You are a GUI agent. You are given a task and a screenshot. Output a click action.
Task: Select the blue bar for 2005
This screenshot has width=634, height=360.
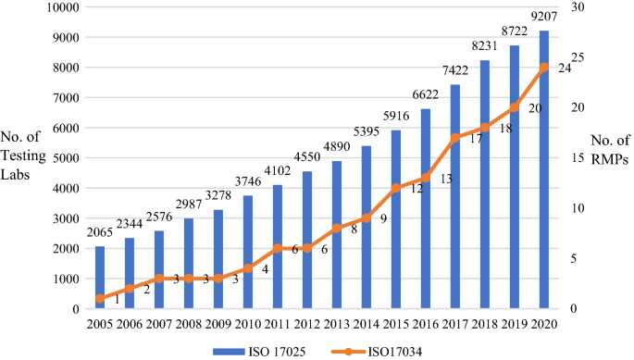[100, 277]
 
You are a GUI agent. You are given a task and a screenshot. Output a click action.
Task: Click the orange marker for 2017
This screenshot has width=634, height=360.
[455, 138]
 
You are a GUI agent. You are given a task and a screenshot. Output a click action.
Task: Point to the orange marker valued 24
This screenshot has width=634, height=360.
[544, 67]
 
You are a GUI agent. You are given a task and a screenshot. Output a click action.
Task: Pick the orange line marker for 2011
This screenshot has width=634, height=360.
[278, 248]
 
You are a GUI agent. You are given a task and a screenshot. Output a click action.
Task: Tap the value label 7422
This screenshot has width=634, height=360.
[455, 71]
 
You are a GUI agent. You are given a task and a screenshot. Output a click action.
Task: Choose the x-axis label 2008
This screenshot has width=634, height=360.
[189, 326]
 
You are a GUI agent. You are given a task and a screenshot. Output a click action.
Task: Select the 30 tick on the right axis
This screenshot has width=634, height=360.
[575, 7]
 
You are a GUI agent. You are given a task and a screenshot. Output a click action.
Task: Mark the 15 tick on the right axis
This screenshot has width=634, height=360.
[575, 158]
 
